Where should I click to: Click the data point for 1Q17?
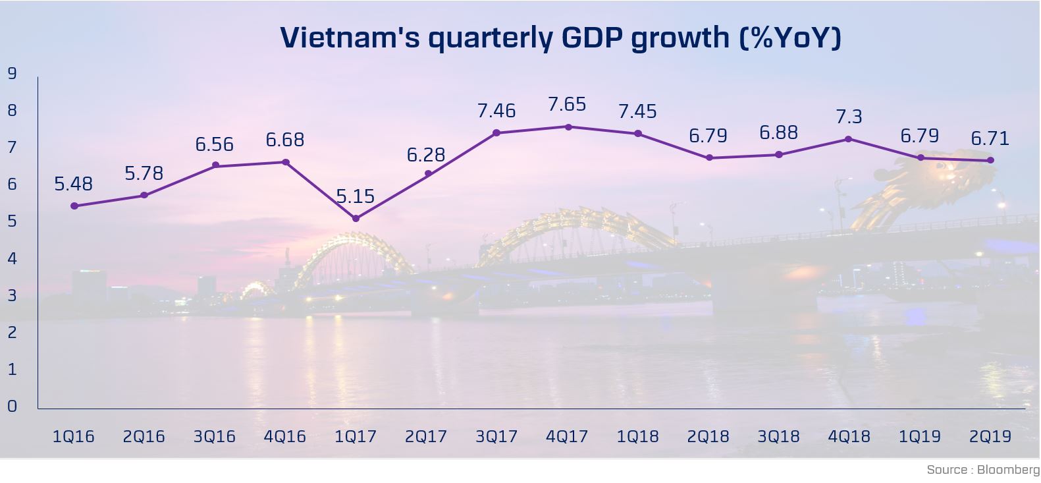click(356, 219)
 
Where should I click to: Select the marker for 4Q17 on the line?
click(568, 127)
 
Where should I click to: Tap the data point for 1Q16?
click(74, 206)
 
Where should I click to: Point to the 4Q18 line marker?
click(849, 140)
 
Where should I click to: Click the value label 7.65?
click(567, 105)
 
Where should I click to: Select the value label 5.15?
click(356, 196)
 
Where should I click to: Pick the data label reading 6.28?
click(426, 155)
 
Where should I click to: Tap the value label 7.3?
click(849, 117)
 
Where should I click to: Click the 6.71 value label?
click(990, 138)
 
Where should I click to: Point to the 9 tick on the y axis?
click(13, 73)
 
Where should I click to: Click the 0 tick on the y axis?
click(13, 407)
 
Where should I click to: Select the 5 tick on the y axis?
click(13, 221)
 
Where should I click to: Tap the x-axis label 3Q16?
click(215, 436)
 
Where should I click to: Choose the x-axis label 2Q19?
click(990, 436)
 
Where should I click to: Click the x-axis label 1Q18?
click(637, 436)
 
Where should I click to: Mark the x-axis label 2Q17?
click(426, 436)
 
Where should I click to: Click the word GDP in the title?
click(593, 38)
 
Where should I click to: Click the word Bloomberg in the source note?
click(1008, 470)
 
